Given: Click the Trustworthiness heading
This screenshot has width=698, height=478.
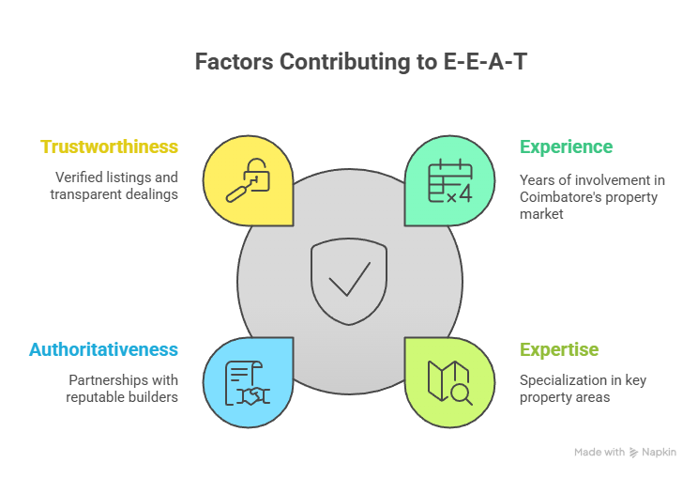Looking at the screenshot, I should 109,147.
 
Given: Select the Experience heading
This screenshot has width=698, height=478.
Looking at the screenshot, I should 566,147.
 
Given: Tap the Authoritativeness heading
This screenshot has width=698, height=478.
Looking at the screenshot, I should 103,349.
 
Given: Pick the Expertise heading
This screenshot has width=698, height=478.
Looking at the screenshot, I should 559,349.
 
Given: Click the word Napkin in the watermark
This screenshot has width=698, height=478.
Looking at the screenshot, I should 659,453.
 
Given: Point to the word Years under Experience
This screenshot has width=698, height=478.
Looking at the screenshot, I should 536,179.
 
